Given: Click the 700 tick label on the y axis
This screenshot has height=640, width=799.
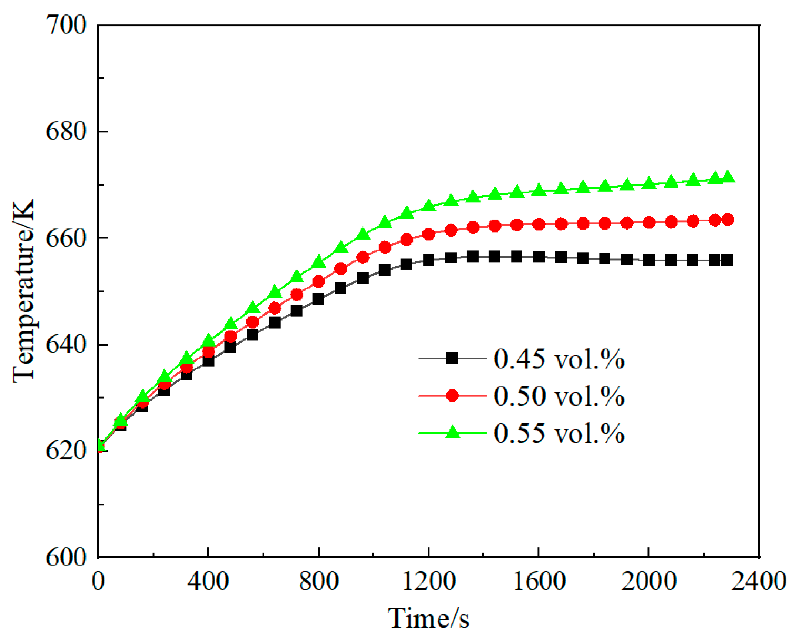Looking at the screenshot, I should point(66,26).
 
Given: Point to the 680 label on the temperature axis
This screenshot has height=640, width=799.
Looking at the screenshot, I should point(66,132).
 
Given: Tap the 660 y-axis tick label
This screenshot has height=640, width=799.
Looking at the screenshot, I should point(66,238).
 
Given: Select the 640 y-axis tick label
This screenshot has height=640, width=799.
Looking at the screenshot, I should point(66,345).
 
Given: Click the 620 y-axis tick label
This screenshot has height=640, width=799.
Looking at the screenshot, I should point(66,451).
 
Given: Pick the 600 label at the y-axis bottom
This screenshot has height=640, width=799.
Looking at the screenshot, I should point(66,557).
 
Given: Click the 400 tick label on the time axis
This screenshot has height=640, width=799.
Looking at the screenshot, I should point(208,581).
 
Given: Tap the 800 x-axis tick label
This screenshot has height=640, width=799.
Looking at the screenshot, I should point(318,581).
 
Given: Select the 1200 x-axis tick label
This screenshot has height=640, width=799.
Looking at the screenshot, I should point(428,581).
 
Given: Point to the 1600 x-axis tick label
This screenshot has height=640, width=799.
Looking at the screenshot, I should point(539,581).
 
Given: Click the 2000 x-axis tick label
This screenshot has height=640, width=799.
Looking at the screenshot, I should point(648,581).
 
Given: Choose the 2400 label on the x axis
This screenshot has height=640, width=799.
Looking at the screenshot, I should point(758,581).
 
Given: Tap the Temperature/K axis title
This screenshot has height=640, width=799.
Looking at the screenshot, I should point(23,291).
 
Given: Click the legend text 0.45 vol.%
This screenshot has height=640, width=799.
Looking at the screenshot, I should point(559,359).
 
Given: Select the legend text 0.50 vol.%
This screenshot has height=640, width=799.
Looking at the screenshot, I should point(559,396).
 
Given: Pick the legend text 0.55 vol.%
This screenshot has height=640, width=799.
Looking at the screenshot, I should point(559,433).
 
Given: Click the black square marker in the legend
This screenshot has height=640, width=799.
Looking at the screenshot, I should point(452,358).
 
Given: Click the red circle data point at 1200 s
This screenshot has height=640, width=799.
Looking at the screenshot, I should point(429,234).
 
